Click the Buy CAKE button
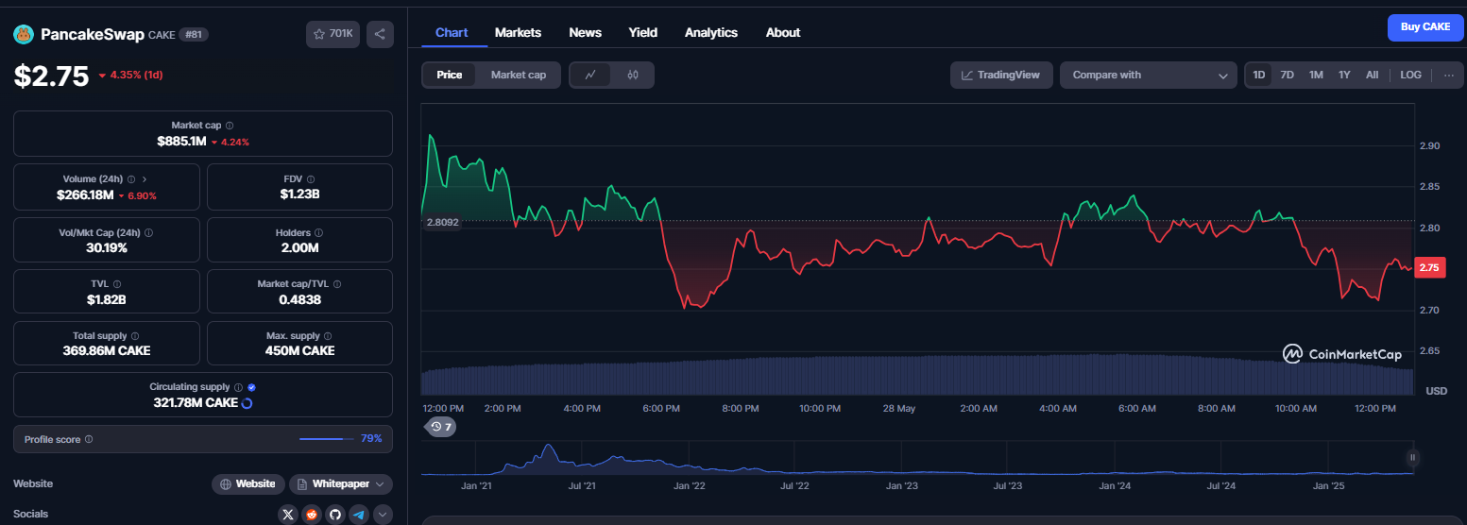(x=1425, y=27)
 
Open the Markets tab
(x=518, y=33)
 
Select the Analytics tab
(x=710, y=33)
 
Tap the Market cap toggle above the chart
(x=518, y=75)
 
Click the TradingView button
(x=1000, y=75)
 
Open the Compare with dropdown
(x=1148, y=75)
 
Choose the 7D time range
(x=1287, y=75)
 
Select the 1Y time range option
(x=1344, y=75)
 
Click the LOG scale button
(x=1410, y=75)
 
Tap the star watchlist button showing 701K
(x=333, y=34)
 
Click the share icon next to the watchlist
(x=380, y=34)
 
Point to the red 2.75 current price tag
(x=1429, y=268)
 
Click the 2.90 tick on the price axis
(x=1429, y=146)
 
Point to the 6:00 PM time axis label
(x=661, y=409)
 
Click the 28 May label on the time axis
(x=899, y=409)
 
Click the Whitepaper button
(x=341, y=483)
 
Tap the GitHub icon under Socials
(x=335, y=515)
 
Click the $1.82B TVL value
(x=106, y=300)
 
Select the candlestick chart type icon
(x=633, y=75)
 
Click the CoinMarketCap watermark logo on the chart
(x=1342, y=354)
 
